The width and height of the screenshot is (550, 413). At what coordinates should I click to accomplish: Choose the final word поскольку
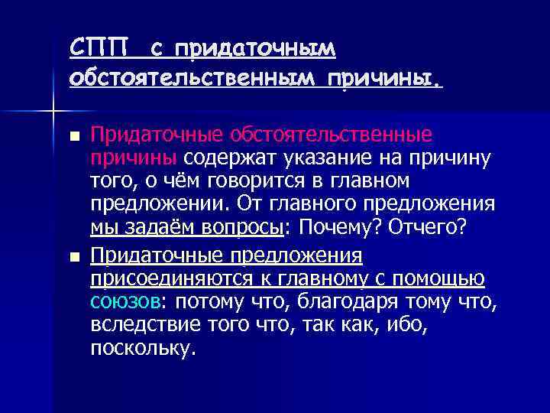[141, 350]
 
